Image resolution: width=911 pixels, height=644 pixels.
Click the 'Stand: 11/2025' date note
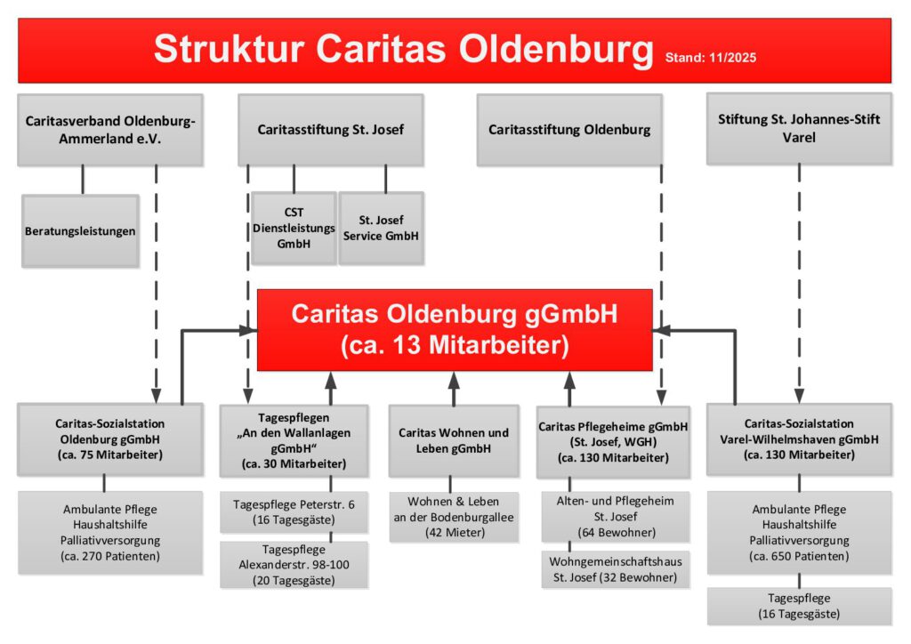coord(711,58)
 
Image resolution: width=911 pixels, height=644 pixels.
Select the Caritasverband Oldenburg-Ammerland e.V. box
coord(110,130)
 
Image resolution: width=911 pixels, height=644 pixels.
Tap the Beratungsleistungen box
coord(80,231)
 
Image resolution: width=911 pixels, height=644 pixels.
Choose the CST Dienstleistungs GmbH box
coord(294,229)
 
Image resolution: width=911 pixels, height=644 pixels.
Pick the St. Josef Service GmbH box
coord(381,229)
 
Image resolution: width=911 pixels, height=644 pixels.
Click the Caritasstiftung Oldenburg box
coord(569,130)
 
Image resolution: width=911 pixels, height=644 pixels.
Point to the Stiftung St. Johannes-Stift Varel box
coord(799,129)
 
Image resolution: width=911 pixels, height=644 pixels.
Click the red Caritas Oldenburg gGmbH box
coord(455,330)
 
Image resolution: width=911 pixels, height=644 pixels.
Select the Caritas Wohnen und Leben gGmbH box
coord(454,441)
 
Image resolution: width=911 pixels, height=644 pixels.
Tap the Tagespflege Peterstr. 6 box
coord(294,512)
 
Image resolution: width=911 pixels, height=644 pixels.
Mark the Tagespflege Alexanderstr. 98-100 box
coord(294,565)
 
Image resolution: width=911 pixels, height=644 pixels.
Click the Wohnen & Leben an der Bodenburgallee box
coord(454,517)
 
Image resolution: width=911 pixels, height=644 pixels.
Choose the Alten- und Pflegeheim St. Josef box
coord(616,517)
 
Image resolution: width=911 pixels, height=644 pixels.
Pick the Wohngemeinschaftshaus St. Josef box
coord(616,569)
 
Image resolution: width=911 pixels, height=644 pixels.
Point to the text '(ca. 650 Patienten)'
coord(799,556)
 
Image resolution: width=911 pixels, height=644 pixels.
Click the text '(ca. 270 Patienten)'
coord(110,556)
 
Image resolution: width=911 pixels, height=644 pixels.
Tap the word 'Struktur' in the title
coord(229,48)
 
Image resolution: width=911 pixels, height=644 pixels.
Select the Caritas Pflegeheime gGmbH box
coord(614,442)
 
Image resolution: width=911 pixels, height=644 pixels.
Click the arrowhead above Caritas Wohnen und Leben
coord(454,381)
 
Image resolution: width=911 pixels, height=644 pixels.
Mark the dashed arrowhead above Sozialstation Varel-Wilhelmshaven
coord(799,396)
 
